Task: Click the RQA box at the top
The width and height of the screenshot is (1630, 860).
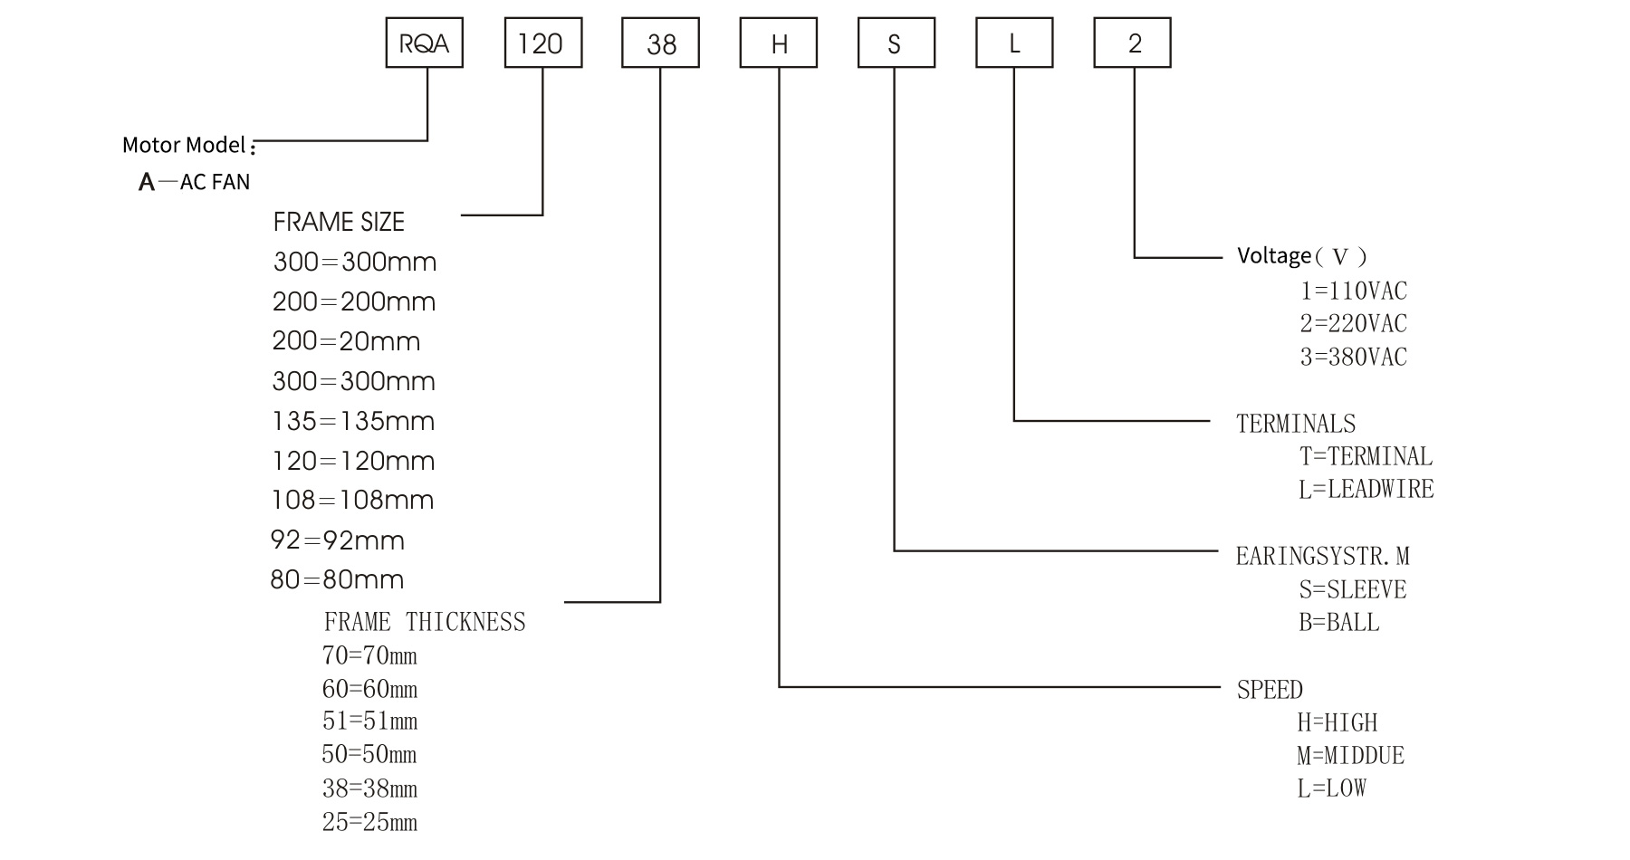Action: point(424,43)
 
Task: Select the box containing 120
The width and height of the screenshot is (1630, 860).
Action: point(542,43)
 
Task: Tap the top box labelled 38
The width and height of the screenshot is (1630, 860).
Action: point(660,43)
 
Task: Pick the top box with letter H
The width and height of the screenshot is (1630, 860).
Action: point(779,43)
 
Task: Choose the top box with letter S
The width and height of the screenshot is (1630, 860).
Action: point(896,43)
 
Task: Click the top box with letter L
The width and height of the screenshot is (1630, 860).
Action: point(1014,43)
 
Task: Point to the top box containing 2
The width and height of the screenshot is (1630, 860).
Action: point(1132,43)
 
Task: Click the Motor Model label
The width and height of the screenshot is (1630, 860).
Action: point(186,145)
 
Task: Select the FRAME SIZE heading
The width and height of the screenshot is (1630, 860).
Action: point(339,222)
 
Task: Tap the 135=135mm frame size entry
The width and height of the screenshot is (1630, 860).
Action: point(353,421)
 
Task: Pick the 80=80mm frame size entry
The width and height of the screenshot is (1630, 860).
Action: point(337,579)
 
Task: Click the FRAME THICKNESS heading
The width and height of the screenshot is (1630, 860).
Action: point(425,622)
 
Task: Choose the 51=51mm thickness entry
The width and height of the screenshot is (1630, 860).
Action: point(369,721)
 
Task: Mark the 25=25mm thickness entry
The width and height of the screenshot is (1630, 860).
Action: point(369,822)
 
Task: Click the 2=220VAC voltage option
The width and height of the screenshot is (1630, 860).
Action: point(1354,323)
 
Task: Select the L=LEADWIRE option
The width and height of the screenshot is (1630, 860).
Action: point(1366,490)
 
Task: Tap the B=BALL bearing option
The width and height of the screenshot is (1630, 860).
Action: point(1339,623)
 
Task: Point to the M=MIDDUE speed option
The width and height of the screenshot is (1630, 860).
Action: point(1350,756)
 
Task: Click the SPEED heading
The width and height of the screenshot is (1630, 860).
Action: point(1270,690)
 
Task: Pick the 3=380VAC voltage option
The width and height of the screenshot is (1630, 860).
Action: point(1354,357)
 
